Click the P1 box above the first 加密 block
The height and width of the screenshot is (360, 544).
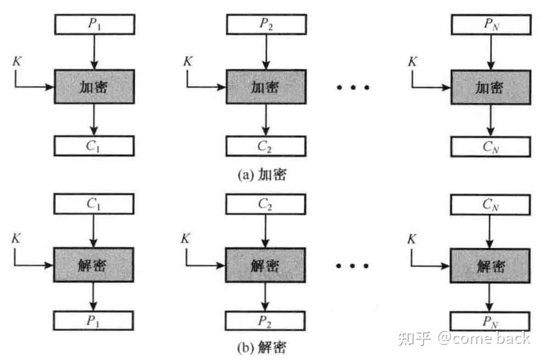tap(94, 24)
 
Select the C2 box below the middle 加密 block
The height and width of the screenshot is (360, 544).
tap(266, 146)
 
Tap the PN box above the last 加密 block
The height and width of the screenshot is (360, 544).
tap(492, 25)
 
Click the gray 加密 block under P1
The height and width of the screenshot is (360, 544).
tap(94, 87)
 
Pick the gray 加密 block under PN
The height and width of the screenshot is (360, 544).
tap(491, 87)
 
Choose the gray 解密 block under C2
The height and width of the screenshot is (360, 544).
tap(266, 265)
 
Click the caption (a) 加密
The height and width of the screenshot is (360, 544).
tap(262, 174)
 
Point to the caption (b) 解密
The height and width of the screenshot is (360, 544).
tap(262, 347)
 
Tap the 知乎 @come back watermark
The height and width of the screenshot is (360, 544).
tap(464, 338)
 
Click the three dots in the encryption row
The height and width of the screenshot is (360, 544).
tap(353, 87)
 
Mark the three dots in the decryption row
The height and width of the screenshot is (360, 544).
tap(352, 266)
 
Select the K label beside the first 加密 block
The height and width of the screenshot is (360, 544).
tap(17, 61)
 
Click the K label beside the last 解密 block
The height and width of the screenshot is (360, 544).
tap(411, 239)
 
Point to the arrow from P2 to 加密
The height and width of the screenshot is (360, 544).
tap(266, 52)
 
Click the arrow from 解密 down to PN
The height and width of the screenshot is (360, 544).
tap(489, 297)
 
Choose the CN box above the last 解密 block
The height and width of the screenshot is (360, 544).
tap(490, 205)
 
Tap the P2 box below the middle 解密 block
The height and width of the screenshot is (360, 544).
tap(266, 321)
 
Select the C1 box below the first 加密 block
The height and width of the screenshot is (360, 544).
tap(94, 146)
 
